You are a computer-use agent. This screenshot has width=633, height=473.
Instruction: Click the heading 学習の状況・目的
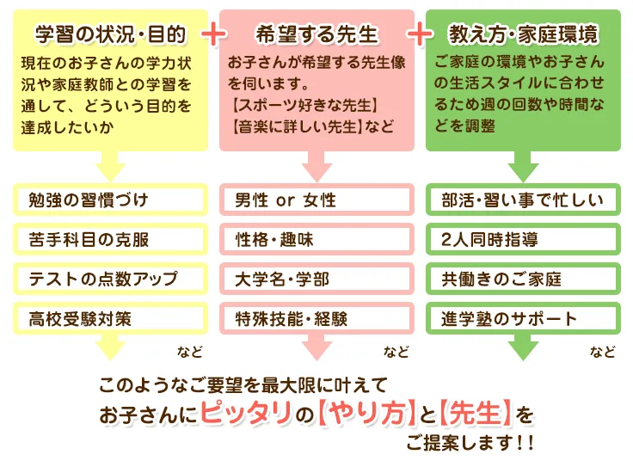110,34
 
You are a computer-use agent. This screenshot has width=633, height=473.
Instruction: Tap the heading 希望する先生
316,34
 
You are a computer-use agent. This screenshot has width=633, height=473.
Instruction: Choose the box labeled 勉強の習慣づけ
110,200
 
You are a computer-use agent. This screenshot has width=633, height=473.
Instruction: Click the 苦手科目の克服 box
110,239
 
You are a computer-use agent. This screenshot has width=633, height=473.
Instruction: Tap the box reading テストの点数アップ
110,279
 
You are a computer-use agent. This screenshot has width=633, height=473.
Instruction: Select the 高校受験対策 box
110,318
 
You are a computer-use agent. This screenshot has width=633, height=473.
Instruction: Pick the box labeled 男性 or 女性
316,200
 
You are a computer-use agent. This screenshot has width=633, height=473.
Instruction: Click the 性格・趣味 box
316,239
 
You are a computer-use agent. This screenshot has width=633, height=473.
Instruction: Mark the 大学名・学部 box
316,279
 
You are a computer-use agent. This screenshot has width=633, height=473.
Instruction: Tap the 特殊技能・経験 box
316,318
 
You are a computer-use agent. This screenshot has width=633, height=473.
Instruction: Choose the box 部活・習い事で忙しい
523,200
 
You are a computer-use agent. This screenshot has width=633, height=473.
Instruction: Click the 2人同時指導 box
523,239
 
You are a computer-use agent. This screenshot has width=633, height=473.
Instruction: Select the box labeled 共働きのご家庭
523,279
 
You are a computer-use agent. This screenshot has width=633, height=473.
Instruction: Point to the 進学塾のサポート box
523,318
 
